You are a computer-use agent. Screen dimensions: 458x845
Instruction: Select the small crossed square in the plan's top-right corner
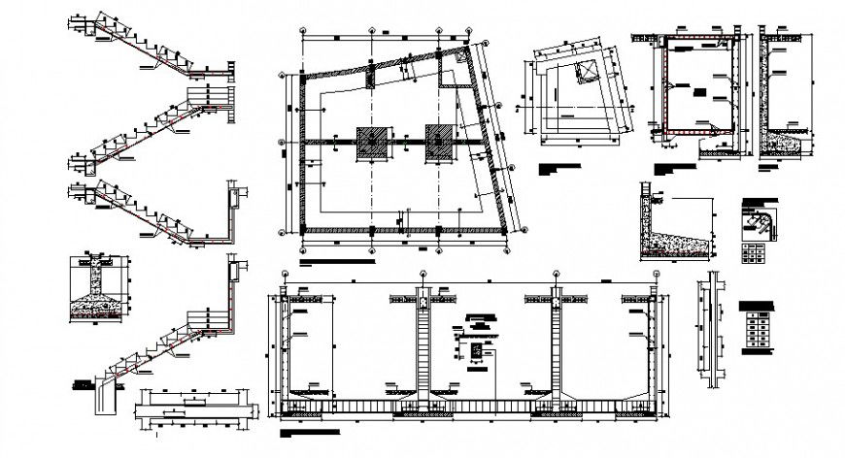(456, 58)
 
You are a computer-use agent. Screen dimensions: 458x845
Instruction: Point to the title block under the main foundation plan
(335, 261)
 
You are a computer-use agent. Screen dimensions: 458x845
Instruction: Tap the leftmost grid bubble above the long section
(284, 274)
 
